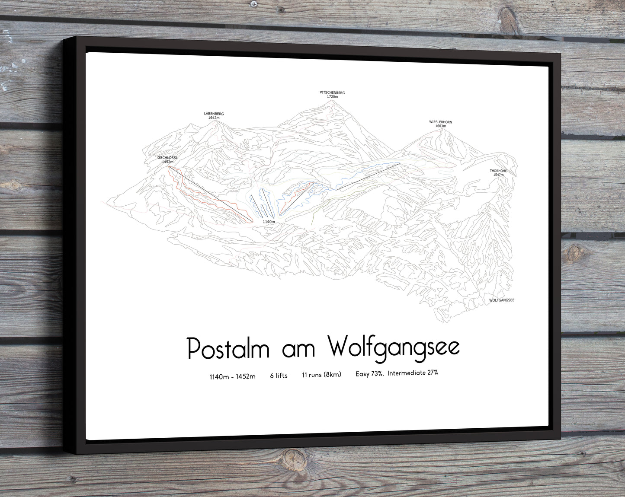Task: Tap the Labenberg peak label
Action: point(214,114)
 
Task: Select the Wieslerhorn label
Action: point(440,122)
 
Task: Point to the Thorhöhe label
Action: point(498,171)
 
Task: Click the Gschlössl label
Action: point(167,158)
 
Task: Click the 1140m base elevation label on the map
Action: point(269,222)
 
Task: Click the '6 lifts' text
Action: point(279,376)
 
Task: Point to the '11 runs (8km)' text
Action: point(321,375)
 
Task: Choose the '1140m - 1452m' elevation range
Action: point(232,376)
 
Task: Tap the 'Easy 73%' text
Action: point(369,374)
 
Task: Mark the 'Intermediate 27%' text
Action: point(413,373)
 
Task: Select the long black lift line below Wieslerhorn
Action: point(368,177)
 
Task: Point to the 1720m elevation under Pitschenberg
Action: point(332,97)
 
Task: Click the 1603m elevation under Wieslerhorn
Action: point(440,126)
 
